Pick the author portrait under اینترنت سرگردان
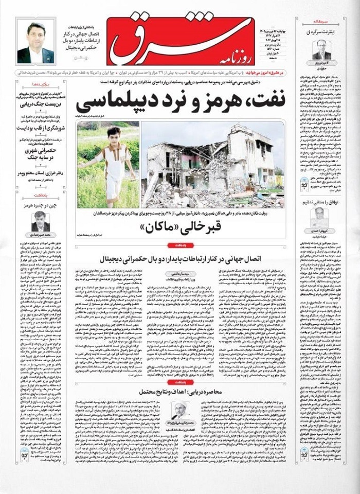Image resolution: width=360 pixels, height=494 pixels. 321,50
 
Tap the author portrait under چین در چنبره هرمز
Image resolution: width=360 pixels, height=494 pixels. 40,221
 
